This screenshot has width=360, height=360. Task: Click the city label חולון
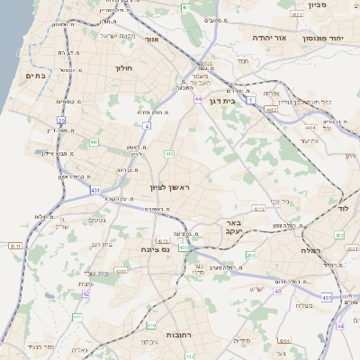pyautogui.click(x=124, y=67)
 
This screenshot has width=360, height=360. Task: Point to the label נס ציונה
pyautogui.click(x=155, y=248)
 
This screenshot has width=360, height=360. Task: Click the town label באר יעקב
pyautogui.click(x=234, y=226)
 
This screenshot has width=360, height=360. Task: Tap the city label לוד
pyautogui.click(x=342, y=208)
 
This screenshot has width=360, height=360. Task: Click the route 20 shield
pyautogui.click(x=61, y=119)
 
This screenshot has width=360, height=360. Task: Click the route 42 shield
pyautogui.click(x=86, y=293)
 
